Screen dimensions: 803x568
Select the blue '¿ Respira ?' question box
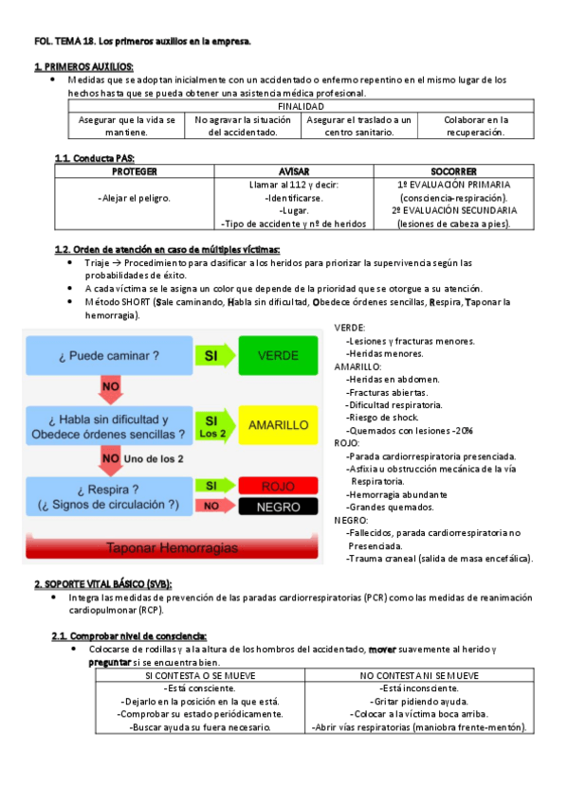tap(106, 495)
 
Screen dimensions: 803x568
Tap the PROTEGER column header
tap(134, 171)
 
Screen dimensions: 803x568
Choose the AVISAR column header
tap(294, 171)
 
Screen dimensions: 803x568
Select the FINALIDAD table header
tap(301, 107)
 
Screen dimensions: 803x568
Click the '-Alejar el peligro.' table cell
tap(134, 198)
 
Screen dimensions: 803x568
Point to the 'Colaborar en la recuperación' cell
tap(477, 126)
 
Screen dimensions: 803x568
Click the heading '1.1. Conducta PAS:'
tap(89, 158)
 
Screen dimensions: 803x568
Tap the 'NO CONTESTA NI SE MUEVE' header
tap(420, 675)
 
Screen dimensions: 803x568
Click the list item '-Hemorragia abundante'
tap(396, 494)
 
